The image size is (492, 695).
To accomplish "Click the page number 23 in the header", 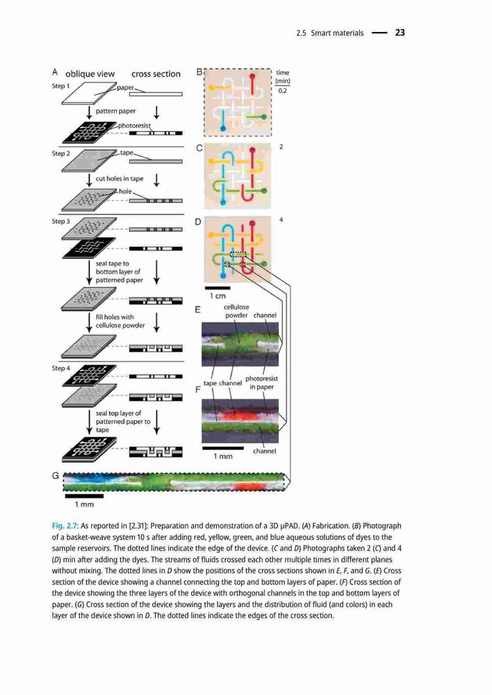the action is (400, 33).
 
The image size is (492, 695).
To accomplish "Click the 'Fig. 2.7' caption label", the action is (65, 526).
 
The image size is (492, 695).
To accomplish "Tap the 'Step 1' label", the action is (60, 85).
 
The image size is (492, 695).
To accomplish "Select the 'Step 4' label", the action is (60, 368).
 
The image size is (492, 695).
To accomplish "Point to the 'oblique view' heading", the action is (90, 74).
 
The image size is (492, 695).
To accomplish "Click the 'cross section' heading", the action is (156, 74).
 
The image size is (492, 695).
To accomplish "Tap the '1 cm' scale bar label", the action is (218, 295).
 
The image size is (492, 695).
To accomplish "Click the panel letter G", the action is (56, 475).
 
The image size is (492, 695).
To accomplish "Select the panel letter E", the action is (197, 309).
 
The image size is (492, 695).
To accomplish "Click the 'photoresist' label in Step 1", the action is (134, 126).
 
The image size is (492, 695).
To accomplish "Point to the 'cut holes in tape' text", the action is (120, 179).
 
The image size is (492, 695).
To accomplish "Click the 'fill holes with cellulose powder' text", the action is (120, 321).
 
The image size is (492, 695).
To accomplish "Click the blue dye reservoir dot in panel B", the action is (223, 129).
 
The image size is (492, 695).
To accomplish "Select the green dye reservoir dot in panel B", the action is (264, 117).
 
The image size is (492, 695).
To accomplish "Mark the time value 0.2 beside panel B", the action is (282, 90).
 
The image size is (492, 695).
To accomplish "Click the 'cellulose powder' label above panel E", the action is (236, 311).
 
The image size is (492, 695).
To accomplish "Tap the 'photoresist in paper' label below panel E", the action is (261, 382).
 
